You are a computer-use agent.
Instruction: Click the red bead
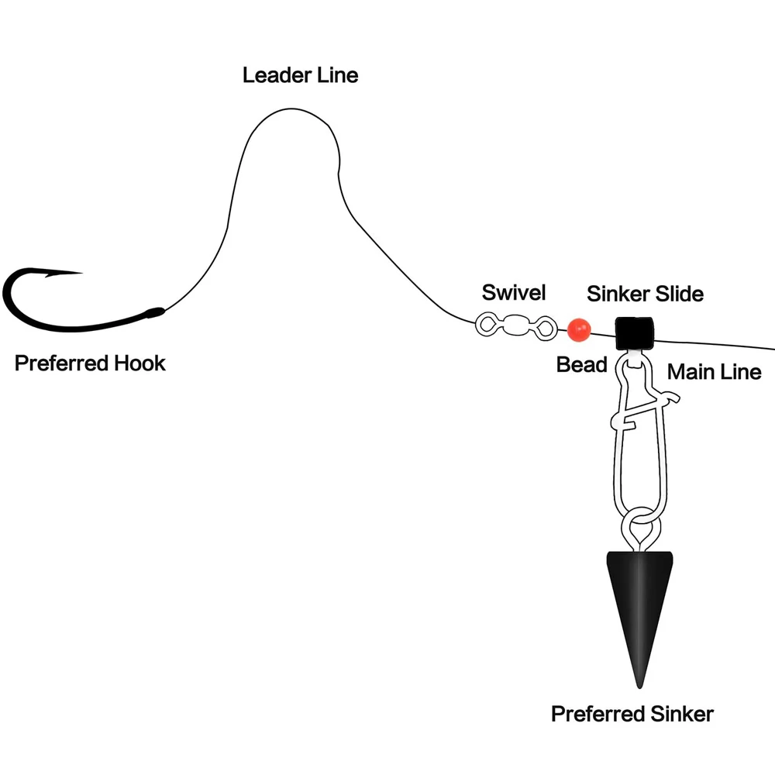click(578, 330)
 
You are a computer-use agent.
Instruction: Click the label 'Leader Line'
click(300, 75)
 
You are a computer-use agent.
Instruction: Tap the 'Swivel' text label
click(514, 292)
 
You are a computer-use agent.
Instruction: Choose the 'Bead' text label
click(581, 364)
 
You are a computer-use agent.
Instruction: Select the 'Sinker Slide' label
click(645, 294)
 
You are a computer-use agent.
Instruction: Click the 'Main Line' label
click(714, 372)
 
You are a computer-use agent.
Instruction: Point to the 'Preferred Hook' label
click(90, 363)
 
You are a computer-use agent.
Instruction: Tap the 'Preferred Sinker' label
click(632, 714)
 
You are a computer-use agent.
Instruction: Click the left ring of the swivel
click(487, 325)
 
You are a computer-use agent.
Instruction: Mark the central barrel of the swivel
click(517, 325)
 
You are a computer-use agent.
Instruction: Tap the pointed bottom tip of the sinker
click(639, 685)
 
